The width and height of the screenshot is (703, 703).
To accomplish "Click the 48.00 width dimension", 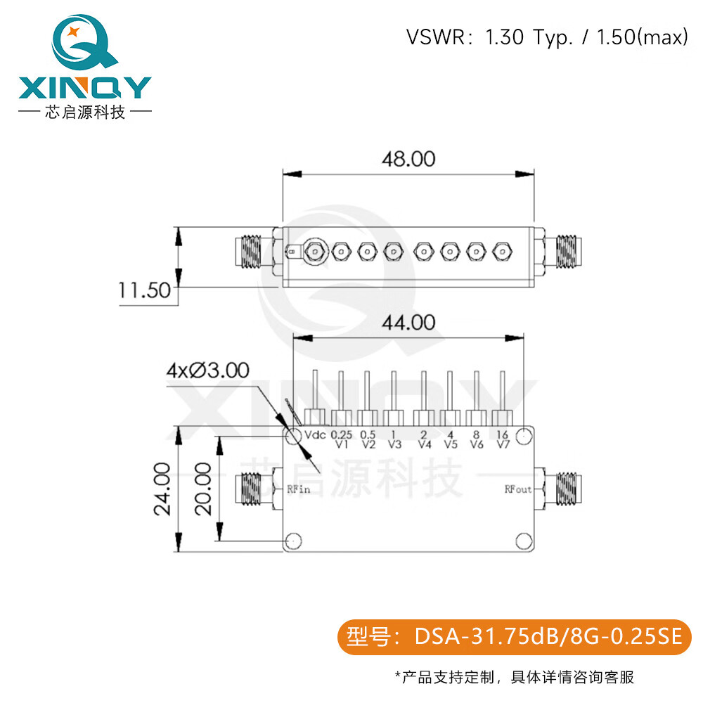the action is click(x=408, y=159).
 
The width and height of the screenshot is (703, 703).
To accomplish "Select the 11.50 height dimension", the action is click(x=144, y=290).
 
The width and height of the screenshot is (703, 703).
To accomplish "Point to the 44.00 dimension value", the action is click(x=408, y=323).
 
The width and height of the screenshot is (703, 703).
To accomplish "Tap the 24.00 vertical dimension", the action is click(x=163, y=489).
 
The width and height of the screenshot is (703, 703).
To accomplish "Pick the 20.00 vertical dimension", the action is click(x=203, y=489).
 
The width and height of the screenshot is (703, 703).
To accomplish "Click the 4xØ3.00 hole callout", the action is click(x=207, y=370).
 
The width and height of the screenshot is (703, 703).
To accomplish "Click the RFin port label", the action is click(x=299, y=489).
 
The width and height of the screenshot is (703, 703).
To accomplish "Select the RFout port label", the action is click(x=518, y=489).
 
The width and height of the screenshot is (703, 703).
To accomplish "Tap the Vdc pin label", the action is click(x=314, y=435).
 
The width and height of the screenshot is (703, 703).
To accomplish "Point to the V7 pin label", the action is click(x=503, y=444).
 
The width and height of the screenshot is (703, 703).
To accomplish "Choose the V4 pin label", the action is click(x=423, y=444).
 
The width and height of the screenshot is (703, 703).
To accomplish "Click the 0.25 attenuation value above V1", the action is click(x=342, y=434).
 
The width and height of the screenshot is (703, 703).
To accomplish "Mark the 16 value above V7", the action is click(x=503, y=434).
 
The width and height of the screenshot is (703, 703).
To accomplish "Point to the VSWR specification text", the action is click(x=546, y=37).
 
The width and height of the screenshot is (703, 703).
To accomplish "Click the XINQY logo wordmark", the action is click(x=84, y=87).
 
